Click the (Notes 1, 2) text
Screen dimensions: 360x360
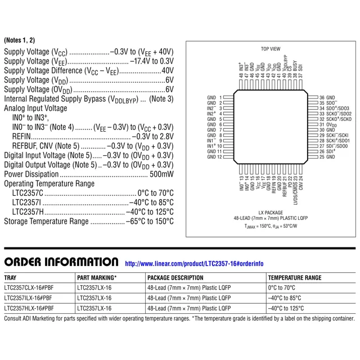[19, 40]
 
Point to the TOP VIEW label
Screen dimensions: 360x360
[271, 49]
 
